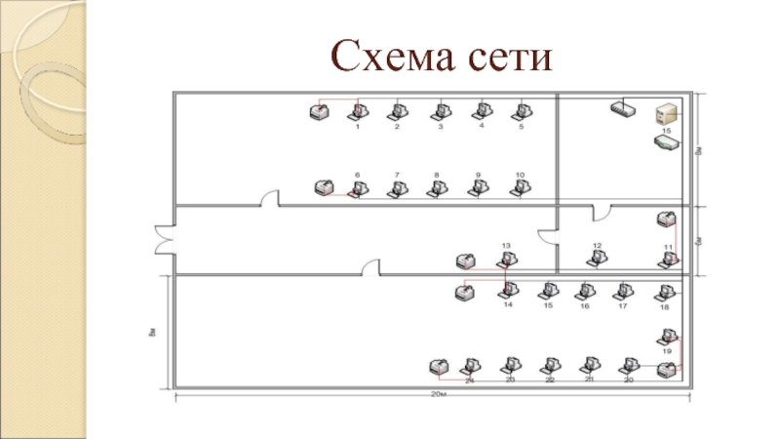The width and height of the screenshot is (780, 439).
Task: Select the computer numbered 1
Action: pyautogui.click(x=356, y=111)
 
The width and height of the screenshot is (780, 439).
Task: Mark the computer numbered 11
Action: pyautogui.click(x=670, y=259)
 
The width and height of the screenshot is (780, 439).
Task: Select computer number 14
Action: pyautogui.click(x=508, y=291)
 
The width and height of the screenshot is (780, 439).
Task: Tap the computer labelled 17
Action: pyautogui.click(x=622, y=291)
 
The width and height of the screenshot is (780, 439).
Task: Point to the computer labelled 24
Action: pyautogui.click(x=470, y=367)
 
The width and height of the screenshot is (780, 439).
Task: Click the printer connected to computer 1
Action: pyautogui.click(x=318, y=112)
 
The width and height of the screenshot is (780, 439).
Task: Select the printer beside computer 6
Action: pyautogui.click(x=325, y=186)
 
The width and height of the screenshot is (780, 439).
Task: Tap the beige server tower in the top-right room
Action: pyautogui.click(x=667, y=113)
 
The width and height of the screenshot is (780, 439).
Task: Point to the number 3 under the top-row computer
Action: pyautogui.click(x=440, y=127)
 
